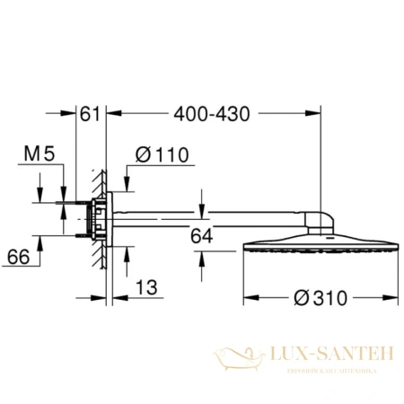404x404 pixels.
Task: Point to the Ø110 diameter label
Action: [x=162, y=155]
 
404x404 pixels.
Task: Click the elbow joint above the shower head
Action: [x=321, y=218]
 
